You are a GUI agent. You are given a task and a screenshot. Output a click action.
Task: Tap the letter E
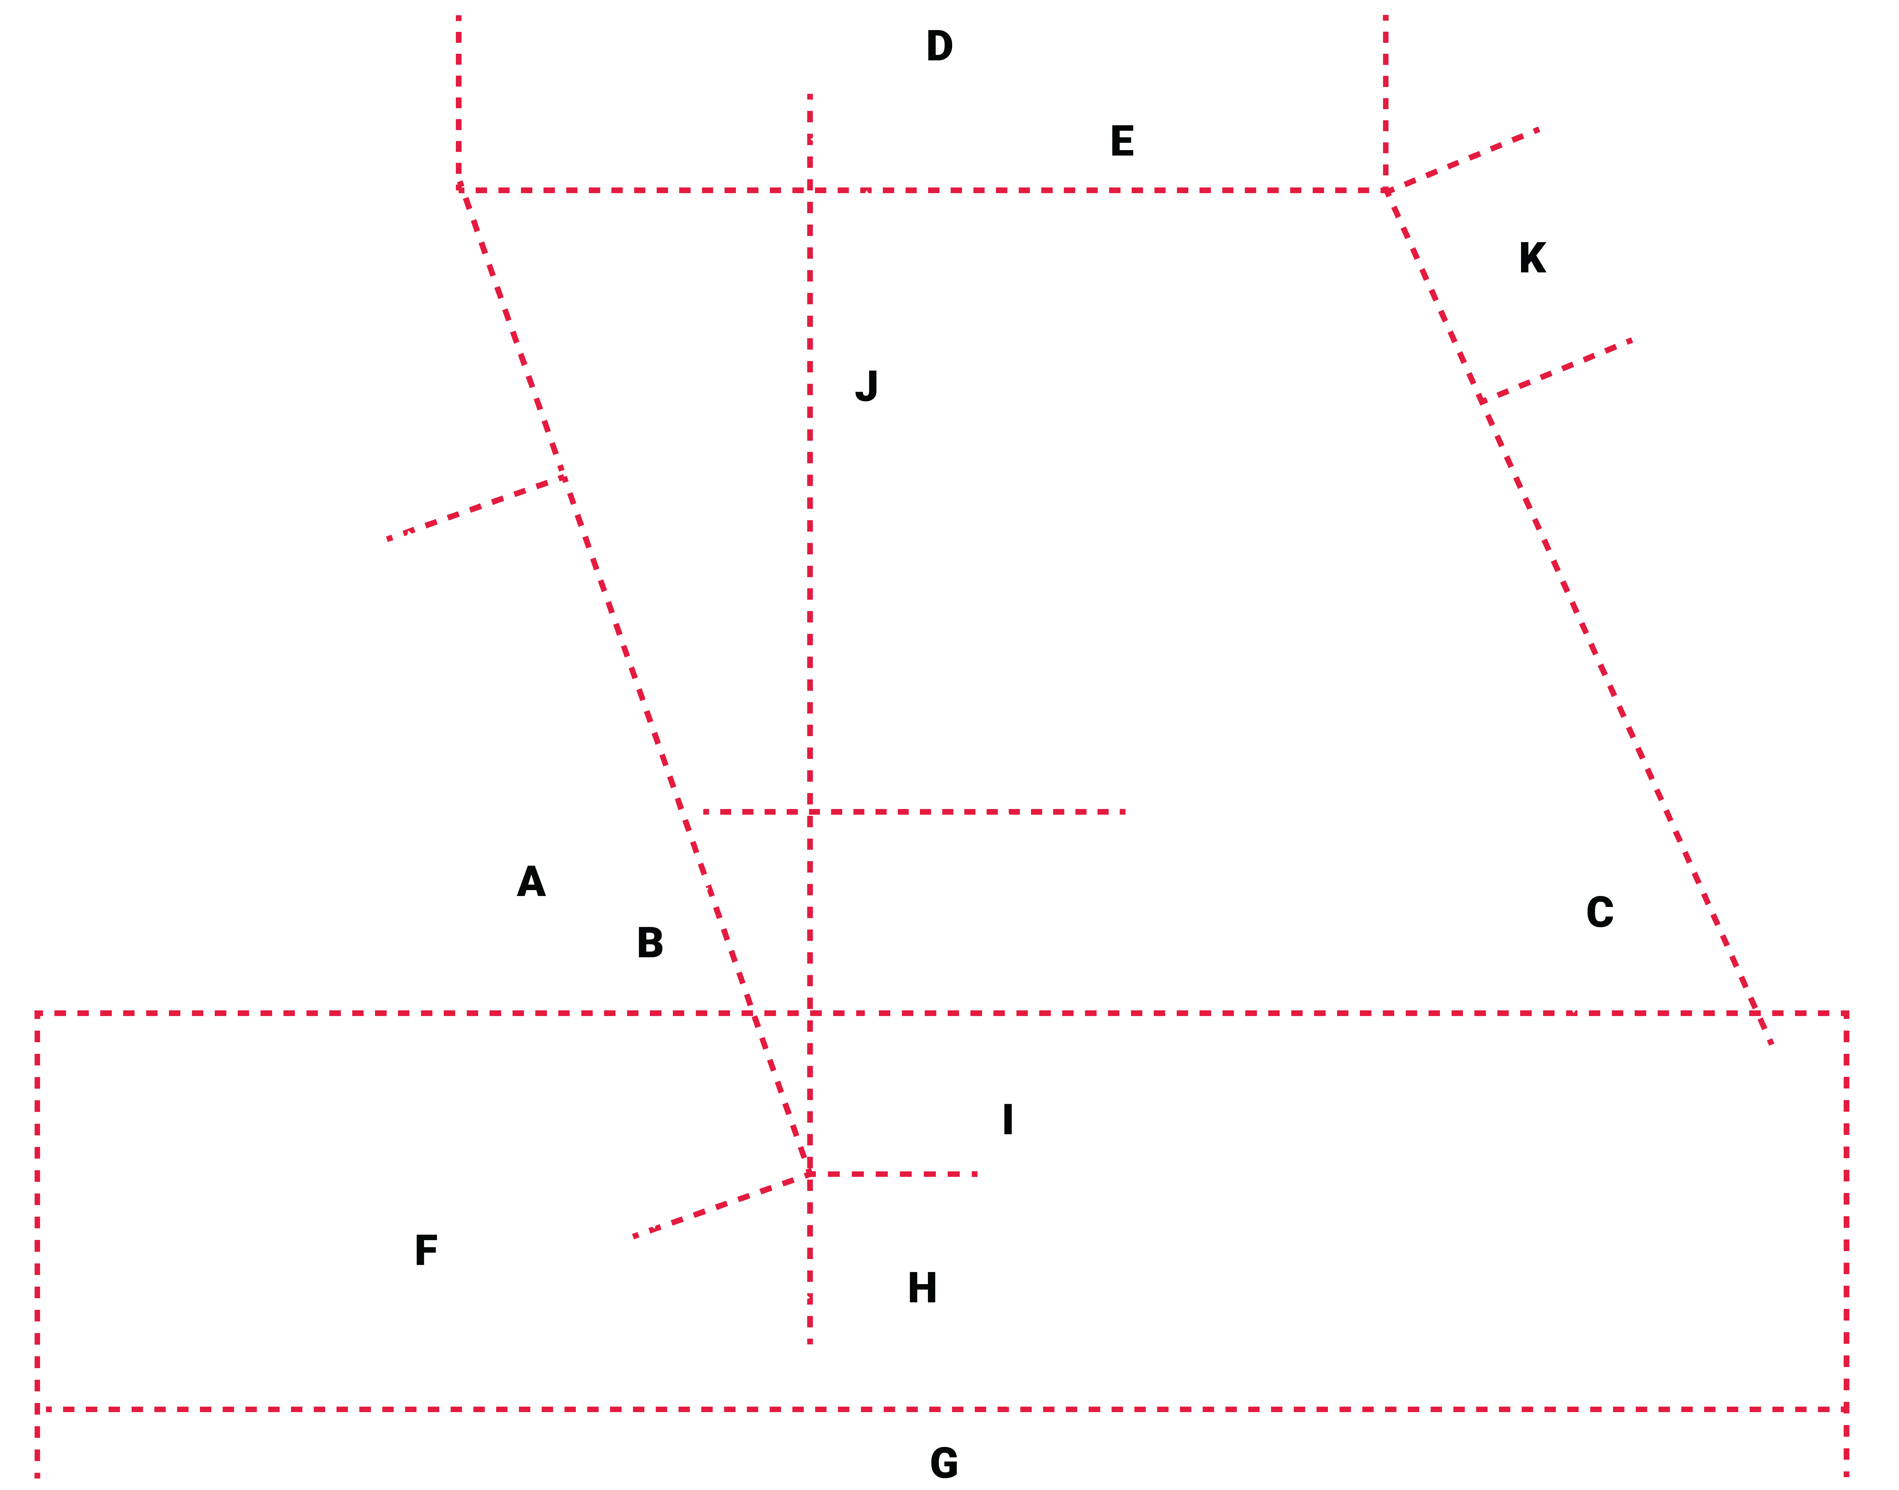(1122, 141)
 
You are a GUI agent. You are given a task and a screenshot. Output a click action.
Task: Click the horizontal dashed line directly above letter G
(942, 1409)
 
